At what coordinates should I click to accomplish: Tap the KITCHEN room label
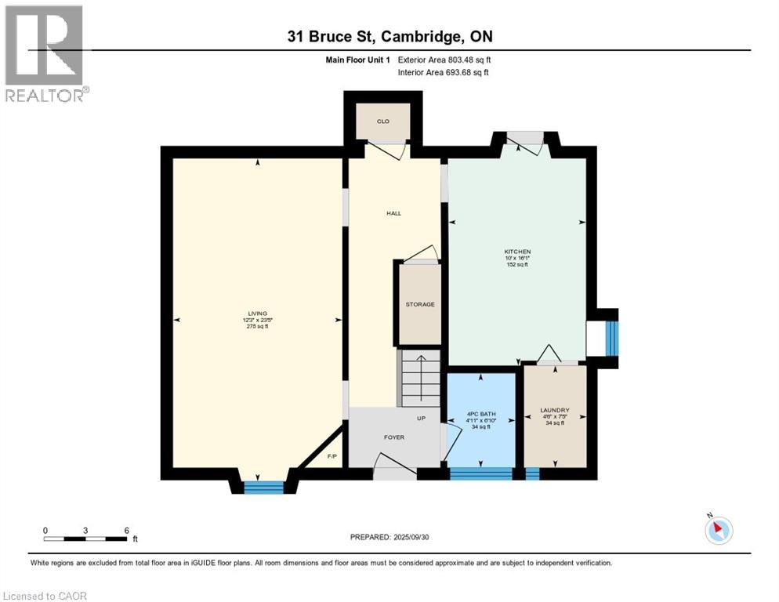click(517, 252)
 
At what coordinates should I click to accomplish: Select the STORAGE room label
click(420, 304)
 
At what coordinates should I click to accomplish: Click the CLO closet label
click(383, 121)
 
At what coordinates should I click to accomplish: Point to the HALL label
click(393, 213)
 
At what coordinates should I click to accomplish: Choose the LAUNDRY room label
click(554, 410)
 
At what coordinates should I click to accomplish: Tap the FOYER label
click(393, 437)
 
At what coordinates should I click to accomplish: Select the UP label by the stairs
click(421, 419)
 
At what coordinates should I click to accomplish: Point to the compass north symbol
click(718, 529)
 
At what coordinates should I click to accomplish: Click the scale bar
click(86, 538)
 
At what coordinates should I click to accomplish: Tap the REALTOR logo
click(45, 53)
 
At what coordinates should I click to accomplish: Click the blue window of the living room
click(263, 488)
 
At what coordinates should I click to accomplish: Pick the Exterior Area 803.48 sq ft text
click(444, 60)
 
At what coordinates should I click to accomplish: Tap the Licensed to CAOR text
click(45, 596)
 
